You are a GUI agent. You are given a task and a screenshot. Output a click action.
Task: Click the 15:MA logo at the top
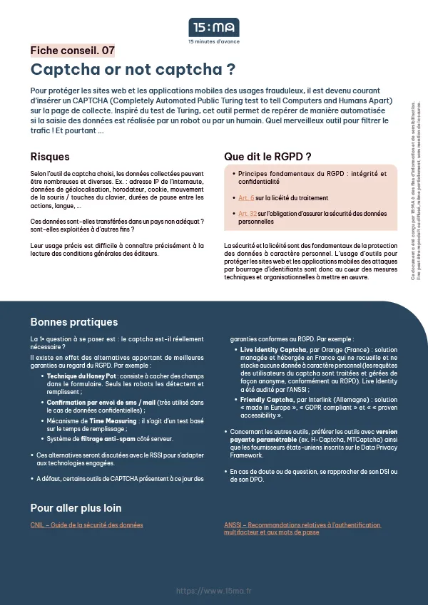point(213,28)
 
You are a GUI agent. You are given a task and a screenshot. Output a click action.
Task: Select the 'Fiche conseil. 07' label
point(72,51)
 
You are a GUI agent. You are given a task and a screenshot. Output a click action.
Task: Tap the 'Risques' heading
point(50,157)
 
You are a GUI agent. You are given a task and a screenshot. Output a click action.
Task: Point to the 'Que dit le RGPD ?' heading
point(267,157)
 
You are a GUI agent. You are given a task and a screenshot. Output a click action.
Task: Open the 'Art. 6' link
point(246,197)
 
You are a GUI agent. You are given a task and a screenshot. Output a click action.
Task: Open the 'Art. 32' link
point(248,213)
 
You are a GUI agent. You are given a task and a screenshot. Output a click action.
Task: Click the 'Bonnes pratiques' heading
point(74,321)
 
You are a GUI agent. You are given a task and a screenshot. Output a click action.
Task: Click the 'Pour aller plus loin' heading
point(76,508)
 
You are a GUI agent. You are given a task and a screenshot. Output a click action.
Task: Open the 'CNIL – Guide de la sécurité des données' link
point(86,525)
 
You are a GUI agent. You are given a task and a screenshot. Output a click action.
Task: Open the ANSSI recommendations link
point(302,529)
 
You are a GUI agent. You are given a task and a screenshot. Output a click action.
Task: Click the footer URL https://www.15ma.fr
point(213,591)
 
